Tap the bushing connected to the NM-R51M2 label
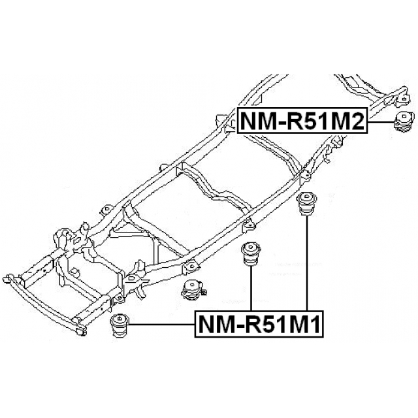pos(405,122)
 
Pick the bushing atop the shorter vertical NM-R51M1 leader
pos(251,254)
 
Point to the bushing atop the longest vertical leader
pos(306,205)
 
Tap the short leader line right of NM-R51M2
pos(381,121)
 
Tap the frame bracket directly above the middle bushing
pos(248,226)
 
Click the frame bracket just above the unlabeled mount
pos(190,266)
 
